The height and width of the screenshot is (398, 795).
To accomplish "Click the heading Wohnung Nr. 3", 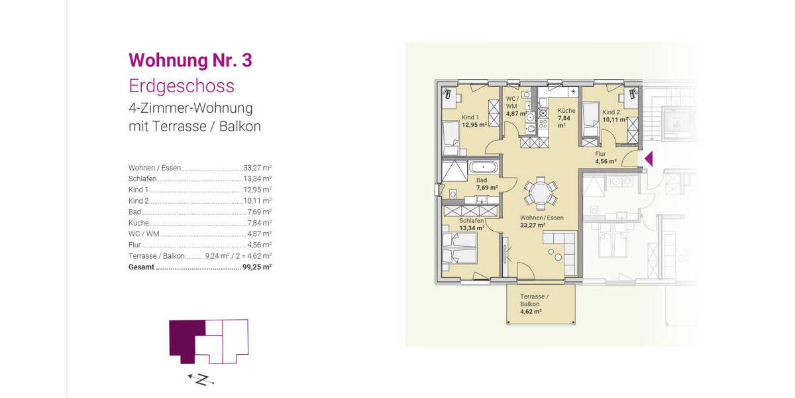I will coord(190,60).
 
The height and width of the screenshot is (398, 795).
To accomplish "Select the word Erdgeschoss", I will coord(181,86).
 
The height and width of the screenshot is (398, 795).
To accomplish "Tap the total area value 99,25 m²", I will coord(257,267).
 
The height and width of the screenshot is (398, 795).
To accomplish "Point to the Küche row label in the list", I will coord(138,223).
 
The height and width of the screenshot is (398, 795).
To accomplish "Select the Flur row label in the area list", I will coord(134,245).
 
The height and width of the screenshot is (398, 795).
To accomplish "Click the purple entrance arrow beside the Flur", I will coord(649,159).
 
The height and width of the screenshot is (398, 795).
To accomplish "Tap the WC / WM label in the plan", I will coord(513,103).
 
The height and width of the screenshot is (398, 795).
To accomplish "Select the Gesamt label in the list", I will coord(141,267).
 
